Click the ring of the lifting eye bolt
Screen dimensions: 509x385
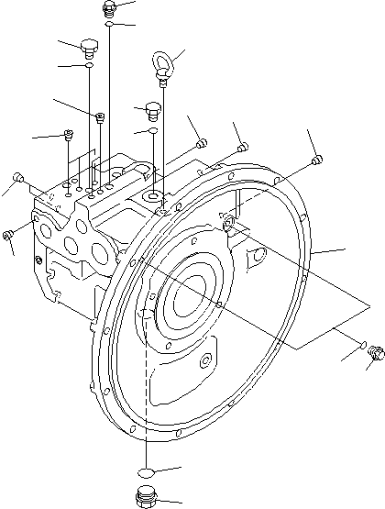pyautogui.click(x=161, y=65)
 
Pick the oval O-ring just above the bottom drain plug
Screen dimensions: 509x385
pyautogui.click(x=145, y=470)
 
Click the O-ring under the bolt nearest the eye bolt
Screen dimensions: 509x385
pyautogui.click(x=152, y=132)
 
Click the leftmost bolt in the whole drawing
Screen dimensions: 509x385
pyautogui.click(x=7, y=238)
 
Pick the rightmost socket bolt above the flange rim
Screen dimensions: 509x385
pyautogui.click(x=317, y=161)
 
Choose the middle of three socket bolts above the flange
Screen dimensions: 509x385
pyautogui.click(x=244, y=147)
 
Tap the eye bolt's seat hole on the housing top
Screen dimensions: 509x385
pyautogui.click(x=152, y=195)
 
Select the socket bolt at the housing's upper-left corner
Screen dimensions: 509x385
pyautogui.click(x=18, y=177)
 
